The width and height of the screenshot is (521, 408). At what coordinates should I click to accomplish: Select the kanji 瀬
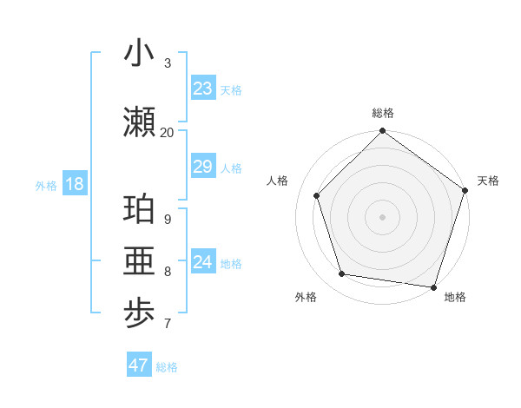click(x=139, y=122)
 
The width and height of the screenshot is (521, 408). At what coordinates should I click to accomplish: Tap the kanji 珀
click(x=139, y=210)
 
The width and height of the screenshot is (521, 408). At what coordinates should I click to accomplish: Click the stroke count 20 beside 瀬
click(x=168, y=132)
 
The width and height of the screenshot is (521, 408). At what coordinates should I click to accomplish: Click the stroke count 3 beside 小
click(x=168, y=63)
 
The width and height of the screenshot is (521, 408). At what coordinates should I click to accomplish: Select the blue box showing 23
click(x=202, y=89)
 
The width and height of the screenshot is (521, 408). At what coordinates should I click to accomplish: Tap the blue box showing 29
click(x=202, y=167)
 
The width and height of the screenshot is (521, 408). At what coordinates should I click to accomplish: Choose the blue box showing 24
click(x=202, y=262)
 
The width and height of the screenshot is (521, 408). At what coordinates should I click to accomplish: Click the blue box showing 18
click(x=74, y=185)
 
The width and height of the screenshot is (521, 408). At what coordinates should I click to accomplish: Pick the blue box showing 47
click(x=138, y=365)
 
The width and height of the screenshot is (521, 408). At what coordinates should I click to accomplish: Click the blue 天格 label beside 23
click(x=231, y=89)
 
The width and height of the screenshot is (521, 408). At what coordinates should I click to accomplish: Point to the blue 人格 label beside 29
click(x=231, y=168)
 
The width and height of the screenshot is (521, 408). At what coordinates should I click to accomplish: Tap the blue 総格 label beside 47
click(x=167, y=366)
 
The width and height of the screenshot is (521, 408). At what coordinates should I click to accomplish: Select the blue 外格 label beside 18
click(x=45, y=186)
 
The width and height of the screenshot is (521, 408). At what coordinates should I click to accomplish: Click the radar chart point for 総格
click(x=382, y=132)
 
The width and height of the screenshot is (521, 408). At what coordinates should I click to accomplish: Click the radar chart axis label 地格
click(x=455, y=297)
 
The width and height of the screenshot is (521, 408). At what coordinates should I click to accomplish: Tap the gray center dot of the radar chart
click(x=382, y=217)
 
